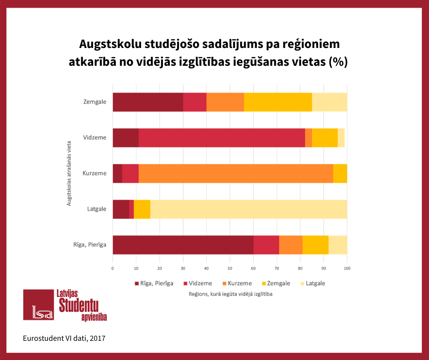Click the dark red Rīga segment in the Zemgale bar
coord(147,102)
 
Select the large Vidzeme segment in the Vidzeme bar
coord(221,138)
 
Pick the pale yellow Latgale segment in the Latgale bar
coord(248,209)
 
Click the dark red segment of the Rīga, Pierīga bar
coord(183,244)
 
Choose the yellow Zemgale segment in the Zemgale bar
coord(277,102)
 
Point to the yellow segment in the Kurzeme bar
coord(340,173)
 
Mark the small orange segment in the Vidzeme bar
coord(308,138)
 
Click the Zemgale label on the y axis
coord(95,102)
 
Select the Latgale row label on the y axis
coord(97,209)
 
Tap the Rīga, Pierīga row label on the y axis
coord(90,244)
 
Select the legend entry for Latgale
coord(315,283)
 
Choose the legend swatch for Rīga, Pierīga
coord(137,283)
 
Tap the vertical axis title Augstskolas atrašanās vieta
coord(69,173)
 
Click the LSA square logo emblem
coord(38,305)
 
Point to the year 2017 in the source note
coord(98,339)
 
